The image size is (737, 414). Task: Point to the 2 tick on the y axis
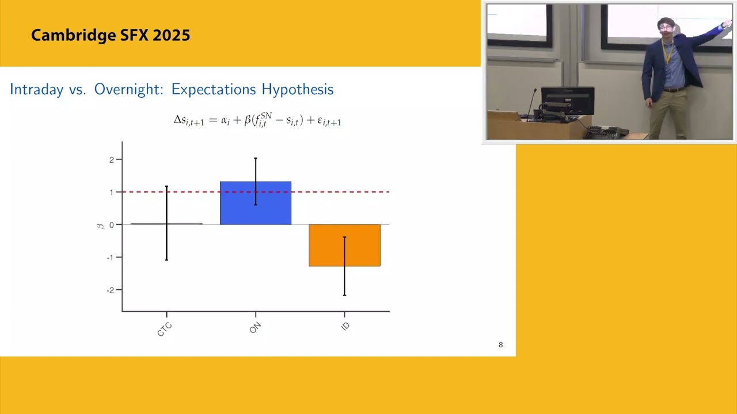tap(111, 160)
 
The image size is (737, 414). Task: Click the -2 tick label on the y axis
tap(110, 290)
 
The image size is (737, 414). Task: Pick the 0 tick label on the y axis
tap(111, 225)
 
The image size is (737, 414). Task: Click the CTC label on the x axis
tap(165, 329)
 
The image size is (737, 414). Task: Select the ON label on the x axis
tap(255, 327)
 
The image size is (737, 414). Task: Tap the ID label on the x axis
tap(345, 326)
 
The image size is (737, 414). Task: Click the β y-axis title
tap(100, 225)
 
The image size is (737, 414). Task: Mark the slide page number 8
tap(500, 345)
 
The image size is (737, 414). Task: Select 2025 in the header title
tap(171, 35)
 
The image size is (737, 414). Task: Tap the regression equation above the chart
tap(257, 120)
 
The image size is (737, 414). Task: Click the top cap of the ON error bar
tap(256, 158)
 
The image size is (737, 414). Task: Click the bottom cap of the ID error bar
tap(344, 295)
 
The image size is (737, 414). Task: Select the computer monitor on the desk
tap(567, 100)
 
